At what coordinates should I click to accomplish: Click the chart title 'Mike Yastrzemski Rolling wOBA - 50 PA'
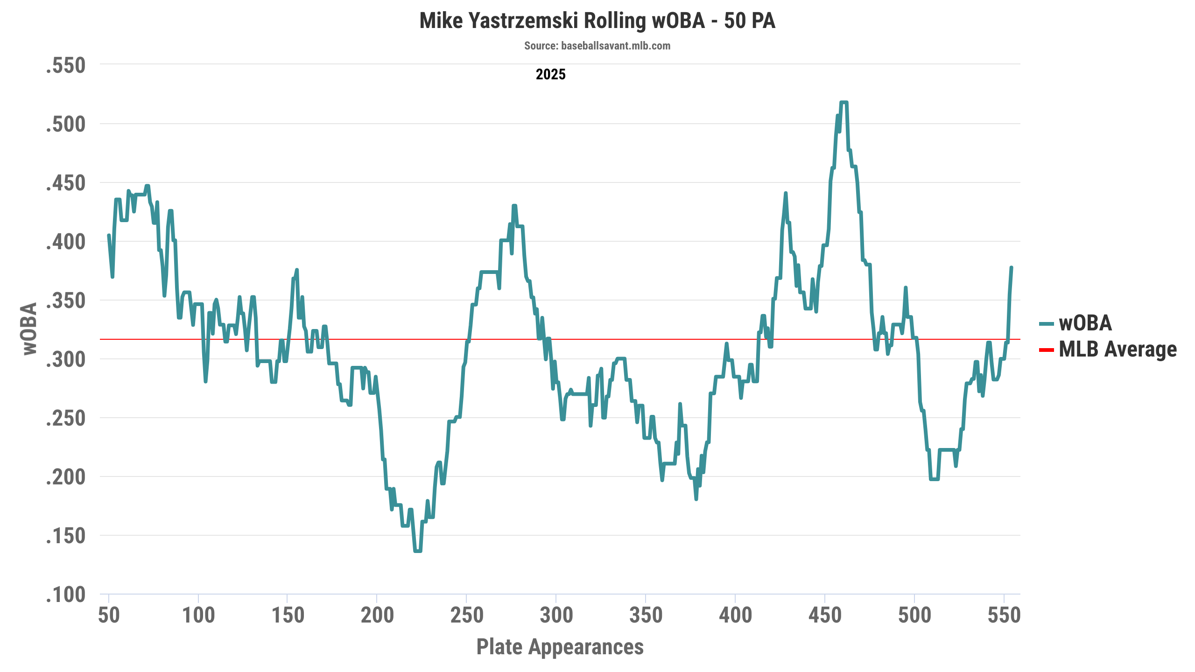click(597, 21)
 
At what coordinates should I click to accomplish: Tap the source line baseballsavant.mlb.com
click(597, 46)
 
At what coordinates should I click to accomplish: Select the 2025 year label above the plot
click(550, 74)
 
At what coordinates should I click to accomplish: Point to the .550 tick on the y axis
click(66, 65)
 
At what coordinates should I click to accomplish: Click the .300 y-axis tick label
click(66, 359)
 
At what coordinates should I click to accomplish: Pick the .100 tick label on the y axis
click(66, 595)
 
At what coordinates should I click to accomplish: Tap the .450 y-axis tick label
click(66, 183)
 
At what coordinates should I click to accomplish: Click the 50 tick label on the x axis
click(109, 615)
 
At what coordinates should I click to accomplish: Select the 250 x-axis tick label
click(466, 615)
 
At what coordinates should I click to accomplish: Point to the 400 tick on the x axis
click(735, 615)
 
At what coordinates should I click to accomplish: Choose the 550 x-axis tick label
click(1004, 615)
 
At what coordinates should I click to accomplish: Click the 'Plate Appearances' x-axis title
click(560, 647)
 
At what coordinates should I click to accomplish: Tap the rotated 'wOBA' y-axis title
click(30, 329)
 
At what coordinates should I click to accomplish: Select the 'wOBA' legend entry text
click(1085, 323)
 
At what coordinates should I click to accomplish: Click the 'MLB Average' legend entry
click(1118, 349)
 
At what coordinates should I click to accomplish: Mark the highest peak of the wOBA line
click(844, 102)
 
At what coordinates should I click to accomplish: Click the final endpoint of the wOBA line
click(1012, 267)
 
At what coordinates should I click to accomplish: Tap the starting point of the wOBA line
click(109, 235)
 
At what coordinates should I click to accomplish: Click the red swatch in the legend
click(1047, 350)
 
